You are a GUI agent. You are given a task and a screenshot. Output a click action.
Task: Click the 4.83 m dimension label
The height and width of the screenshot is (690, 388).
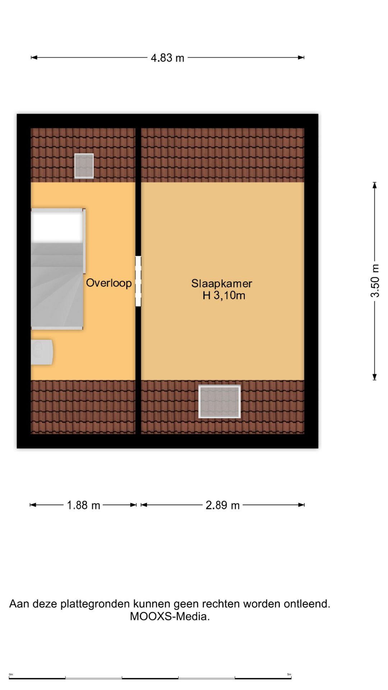(167, 58)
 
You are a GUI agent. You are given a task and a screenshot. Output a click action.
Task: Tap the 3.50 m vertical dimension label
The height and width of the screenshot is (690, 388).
(375, 281)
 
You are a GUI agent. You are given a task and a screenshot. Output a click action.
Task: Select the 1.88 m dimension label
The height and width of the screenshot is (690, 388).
(83, 505)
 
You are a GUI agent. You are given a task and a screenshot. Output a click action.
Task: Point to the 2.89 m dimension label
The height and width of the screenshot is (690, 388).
(222, 505)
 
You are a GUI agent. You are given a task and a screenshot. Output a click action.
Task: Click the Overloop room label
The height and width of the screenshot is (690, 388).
(109, 283)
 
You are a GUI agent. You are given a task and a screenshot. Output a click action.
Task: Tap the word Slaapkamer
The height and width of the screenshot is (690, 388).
(222, 284)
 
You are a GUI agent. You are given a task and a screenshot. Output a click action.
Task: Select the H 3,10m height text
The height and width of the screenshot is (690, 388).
(224, 295)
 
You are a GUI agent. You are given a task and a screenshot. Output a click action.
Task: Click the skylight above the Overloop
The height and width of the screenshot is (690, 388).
(84, 166)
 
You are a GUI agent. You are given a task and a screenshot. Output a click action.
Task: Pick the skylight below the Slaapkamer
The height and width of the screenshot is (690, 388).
(220, 402)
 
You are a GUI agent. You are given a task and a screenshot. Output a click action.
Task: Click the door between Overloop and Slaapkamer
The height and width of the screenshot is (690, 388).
(138, 281)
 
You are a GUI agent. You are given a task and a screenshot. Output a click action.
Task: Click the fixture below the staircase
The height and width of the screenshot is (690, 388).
(42, 352)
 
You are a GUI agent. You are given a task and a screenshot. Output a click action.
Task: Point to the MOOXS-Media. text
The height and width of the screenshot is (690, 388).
(170, 616)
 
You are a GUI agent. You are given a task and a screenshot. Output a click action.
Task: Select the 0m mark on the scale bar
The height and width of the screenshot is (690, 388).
(11, 674)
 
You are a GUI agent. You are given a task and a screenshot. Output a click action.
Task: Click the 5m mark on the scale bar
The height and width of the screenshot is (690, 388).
(289, 674)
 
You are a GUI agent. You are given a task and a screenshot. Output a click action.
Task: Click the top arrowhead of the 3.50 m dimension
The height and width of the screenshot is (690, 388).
(375, 185)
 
